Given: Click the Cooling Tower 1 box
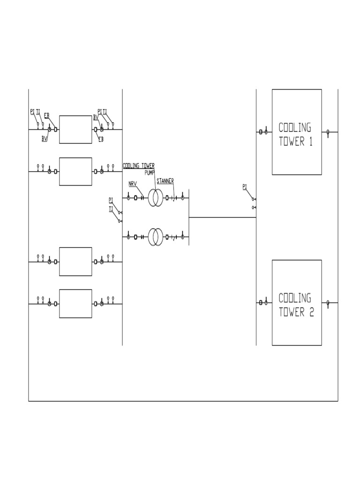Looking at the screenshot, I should (297, 132).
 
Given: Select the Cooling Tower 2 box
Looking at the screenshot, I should (297, 302).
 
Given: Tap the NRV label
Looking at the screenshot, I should (132, 184).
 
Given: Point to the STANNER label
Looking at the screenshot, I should (165, 180).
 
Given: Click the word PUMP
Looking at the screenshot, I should (150, 172).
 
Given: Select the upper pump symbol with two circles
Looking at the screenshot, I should (156, 198).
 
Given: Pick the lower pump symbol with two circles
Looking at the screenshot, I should (156, 237).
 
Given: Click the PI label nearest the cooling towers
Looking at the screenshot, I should (245, 187).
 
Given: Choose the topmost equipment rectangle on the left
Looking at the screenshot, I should (75, 129).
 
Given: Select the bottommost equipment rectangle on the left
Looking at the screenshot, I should (75, 304).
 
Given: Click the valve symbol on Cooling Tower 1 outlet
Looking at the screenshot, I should (328, 133).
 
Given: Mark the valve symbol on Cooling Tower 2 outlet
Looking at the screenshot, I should (328, 303).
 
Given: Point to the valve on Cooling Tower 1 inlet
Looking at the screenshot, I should (265, 132).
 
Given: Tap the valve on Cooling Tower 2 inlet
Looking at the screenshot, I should (265, 303).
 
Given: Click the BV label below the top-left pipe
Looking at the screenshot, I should (44, 139).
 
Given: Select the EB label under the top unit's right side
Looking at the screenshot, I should (101, 139).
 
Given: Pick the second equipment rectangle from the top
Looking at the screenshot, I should (75, 172).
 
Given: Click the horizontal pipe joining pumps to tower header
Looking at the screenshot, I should (222, 217).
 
